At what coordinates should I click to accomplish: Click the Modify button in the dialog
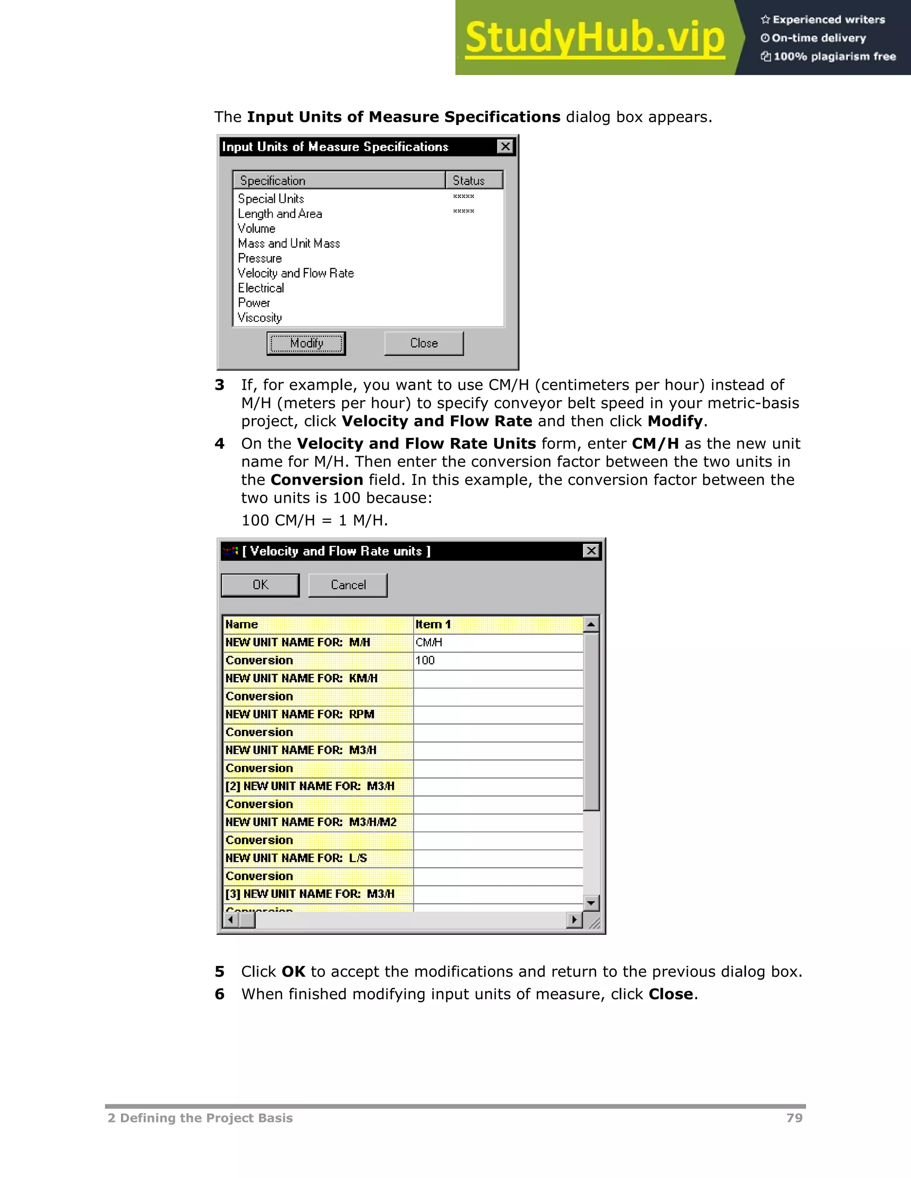coord(306,343)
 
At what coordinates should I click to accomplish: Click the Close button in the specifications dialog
coord(423,343)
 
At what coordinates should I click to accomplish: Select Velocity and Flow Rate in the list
coord(296,273)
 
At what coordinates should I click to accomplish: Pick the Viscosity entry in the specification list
coord(260,318)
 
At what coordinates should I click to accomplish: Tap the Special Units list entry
coord(271,199)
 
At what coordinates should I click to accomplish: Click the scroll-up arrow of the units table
coord(591,625)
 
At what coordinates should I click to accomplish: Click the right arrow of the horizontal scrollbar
coord(574,920)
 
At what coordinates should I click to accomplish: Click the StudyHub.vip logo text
coord(594,38)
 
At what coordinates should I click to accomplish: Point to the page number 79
coord(794,1118)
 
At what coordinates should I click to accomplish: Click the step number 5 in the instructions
coord(219,971)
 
